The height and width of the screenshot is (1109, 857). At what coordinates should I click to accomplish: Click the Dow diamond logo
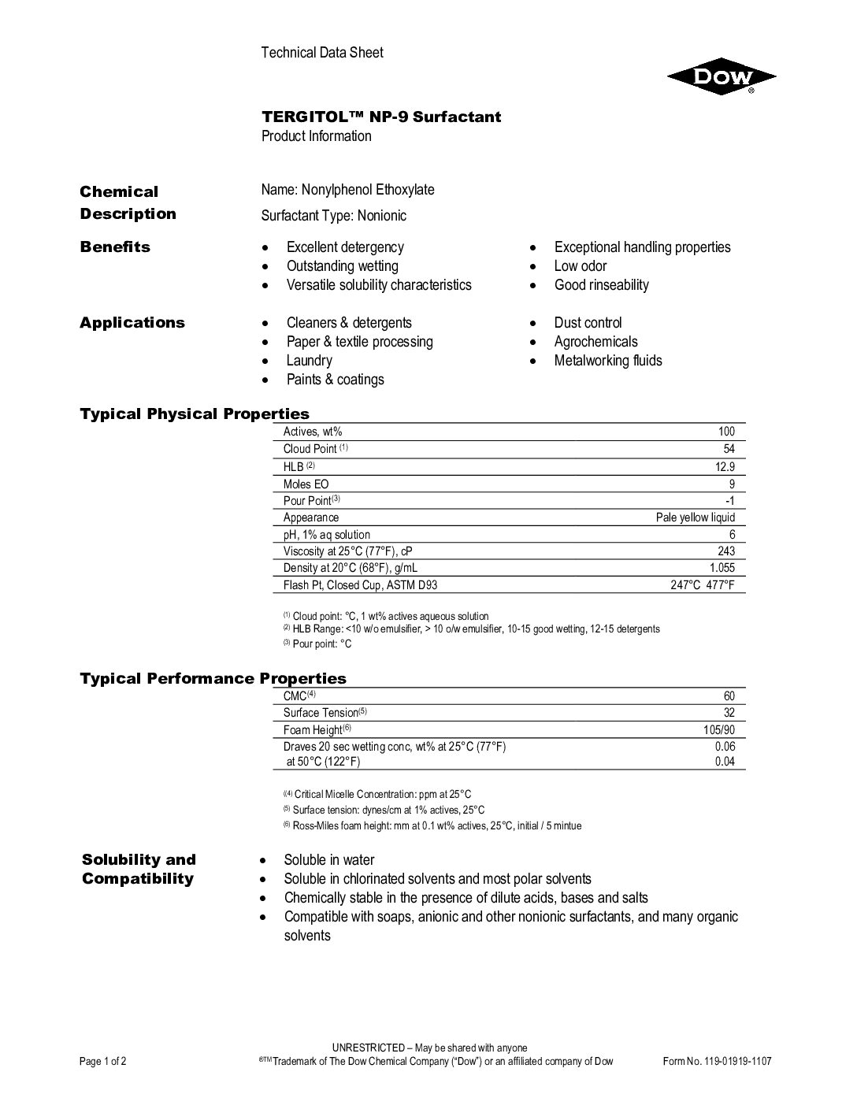click(722, 77)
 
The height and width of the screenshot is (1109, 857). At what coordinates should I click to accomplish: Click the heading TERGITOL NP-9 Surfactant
click(381, 117)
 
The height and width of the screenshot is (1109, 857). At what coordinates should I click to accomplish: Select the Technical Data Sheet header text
click(322, 53)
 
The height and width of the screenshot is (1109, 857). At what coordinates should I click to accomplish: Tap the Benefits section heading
click(115, 247)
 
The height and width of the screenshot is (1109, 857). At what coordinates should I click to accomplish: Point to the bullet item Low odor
click(581, 266)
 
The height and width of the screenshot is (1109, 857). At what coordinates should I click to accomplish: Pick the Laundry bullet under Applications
click(309, 361)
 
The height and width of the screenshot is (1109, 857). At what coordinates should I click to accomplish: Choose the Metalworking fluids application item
click(608, 361)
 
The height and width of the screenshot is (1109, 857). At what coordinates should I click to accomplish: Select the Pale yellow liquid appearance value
click(696, 517)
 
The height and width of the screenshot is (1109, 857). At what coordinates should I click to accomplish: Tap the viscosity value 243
click(725, 551)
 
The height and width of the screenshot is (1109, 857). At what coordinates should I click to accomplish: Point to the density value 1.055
click(722, 568)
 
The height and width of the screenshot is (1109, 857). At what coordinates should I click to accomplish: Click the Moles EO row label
click(306, 484)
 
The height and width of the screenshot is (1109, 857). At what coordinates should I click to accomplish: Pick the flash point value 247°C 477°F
click(703, 585)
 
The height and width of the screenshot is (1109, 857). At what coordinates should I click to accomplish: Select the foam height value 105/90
click(718, 730)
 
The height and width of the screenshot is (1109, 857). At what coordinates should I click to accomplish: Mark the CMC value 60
click(729, 696)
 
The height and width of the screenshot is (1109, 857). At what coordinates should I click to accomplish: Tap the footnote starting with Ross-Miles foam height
click(436, 826)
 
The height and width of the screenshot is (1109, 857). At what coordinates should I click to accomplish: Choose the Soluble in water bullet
click(329, 860)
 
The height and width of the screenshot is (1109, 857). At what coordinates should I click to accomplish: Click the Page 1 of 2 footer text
click(103, 1061)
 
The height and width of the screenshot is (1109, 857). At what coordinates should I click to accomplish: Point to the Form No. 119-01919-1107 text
click(718, 1061)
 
